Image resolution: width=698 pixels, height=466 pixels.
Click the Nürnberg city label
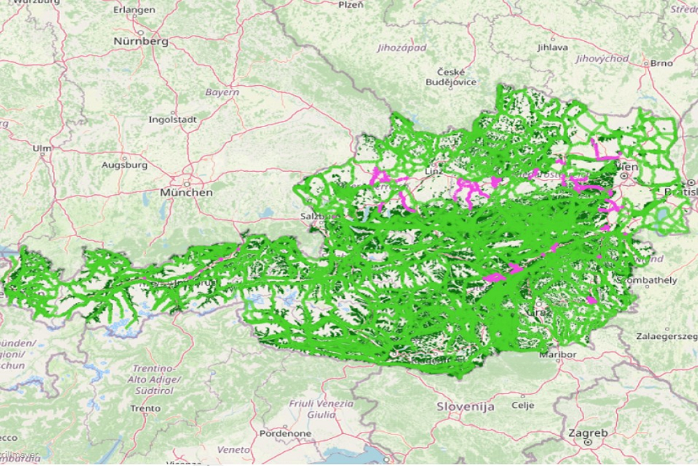[141, 41]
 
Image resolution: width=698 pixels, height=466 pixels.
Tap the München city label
[186, 192]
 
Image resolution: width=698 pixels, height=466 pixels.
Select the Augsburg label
[124, 166]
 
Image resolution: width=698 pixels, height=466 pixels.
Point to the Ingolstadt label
[172, 119]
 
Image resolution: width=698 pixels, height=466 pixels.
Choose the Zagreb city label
[587, 433]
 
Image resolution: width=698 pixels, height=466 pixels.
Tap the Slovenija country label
[466, 406]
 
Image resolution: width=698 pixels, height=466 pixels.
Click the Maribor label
[558, 355]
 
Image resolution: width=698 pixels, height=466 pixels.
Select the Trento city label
[145, 408]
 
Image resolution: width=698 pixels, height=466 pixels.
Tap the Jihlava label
[553, 48]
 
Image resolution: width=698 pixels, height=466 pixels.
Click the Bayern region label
[222, 92]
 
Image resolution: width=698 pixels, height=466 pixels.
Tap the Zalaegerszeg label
[666, 336]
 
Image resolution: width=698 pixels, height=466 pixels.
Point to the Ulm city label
[42, 148]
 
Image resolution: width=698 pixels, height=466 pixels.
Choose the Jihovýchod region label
[602, 59]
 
